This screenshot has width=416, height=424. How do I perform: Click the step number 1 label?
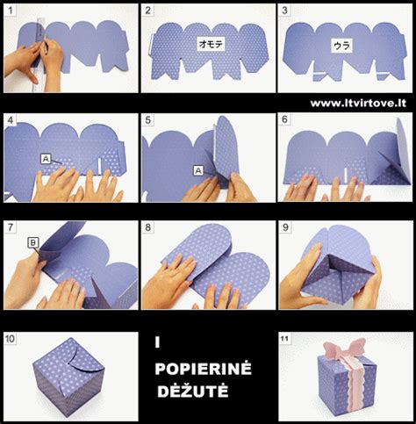click(x=11, y=11)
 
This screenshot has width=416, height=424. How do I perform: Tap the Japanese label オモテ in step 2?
click(x=211, y=44)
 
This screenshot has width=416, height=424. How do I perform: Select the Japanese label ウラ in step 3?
click(x=341, y=46)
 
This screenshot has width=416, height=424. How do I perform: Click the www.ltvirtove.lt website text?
click(x=358, y=104)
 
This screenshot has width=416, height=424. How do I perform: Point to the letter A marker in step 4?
click(x=46, y=159)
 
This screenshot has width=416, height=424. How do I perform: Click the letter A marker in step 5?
click(x=198, y=170)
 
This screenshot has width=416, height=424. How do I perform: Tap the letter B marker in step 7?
click(x=32, y=242)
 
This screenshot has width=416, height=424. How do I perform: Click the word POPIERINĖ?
click(x=203, y=369)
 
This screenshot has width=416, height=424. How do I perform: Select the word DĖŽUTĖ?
click(x=193, y=391)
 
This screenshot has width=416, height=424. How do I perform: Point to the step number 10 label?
click(x=10, y=339)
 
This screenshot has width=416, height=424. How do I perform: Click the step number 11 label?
click(x=284, y=339)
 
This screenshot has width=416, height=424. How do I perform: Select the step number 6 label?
click(x=284, y=119)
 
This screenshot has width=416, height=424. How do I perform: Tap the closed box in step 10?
click(x=68, y=377)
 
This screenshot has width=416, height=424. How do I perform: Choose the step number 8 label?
click(x=148, y=227)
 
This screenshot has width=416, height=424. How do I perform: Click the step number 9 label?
click(x=285, y=227)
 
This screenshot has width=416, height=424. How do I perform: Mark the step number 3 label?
click(x=284, y=11)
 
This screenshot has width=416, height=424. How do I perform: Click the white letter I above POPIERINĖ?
click(x=157, y=342)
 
